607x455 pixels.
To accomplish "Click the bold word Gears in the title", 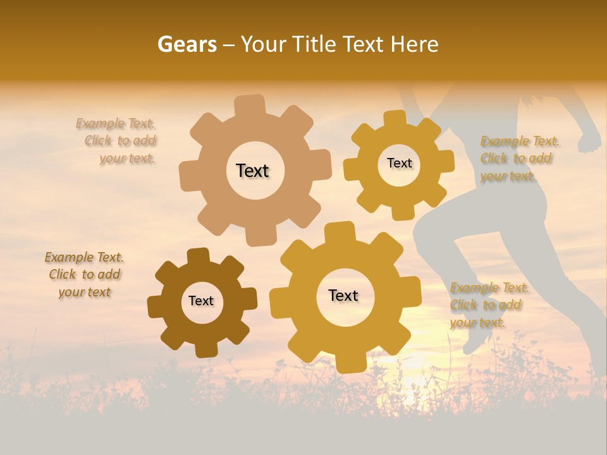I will tap(186, 44).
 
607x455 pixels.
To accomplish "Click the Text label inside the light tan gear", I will tap(252, 171).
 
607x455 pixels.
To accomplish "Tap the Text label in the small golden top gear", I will tap(399, 163).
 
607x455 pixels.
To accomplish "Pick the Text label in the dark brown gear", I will tap(201, 301).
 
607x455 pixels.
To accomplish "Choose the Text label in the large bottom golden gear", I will tap(343, 295).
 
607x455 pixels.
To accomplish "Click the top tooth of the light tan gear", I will tap(250, 105).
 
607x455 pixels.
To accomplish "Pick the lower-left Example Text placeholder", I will tap(84, 274).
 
